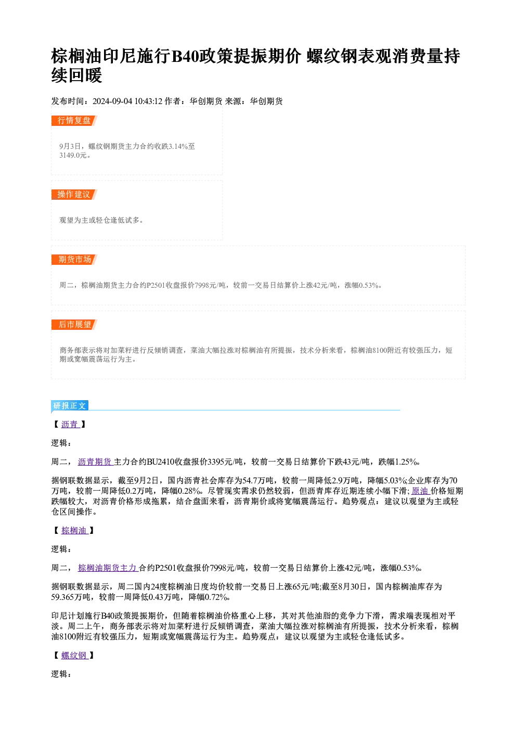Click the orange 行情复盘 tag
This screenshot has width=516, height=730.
[x=74, y=121]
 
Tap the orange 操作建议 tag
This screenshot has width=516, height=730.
[x=74, y=195]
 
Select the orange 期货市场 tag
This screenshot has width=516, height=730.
[x=74, y=260]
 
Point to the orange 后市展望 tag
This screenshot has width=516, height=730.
[x=74, y=325]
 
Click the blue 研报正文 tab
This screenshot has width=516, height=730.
[x=70, y=406]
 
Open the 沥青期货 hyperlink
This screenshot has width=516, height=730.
[x=95, y=462]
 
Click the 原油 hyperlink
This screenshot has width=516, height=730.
[x=421, y=491]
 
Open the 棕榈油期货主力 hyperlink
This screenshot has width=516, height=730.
[x=108, y=568]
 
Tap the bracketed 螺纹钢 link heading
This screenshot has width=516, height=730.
[x=74, y=656]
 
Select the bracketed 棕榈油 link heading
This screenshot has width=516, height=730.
[x=74, y=531]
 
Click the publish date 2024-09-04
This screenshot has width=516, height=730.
[x=112, y=101]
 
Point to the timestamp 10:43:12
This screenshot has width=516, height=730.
[x=148, y=101]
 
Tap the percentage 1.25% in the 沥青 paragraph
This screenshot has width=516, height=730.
[x=406, y=462]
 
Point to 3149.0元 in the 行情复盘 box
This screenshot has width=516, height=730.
[x=73, y=155]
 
